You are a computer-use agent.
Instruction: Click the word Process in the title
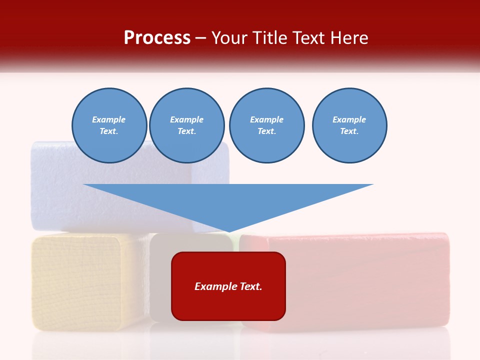pyautogui.click(x=157, y=38)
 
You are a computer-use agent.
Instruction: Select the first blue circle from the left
pyautogui.click(x=109, y=125)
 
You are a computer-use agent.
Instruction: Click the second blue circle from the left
pyautogui.click(x=187, y=125)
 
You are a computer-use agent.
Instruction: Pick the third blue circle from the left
pyautogui.click(x=266, y=125)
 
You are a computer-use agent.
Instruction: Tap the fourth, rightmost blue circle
pyautogui.click(x=349, y=125)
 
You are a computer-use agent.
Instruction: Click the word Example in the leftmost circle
pyautogui.click(x=109, y=119)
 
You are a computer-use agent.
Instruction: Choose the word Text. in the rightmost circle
pyautogui.click(x=349, y=131)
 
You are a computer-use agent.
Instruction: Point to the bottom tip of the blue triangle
pyautogui.click(x=228, y=231)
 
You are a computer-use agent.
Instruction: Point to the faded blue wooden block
pyautogui.click(x=55, y=190)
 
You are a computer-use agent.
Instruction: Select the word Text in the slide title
pyautogui.click(x=309, y=38)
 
